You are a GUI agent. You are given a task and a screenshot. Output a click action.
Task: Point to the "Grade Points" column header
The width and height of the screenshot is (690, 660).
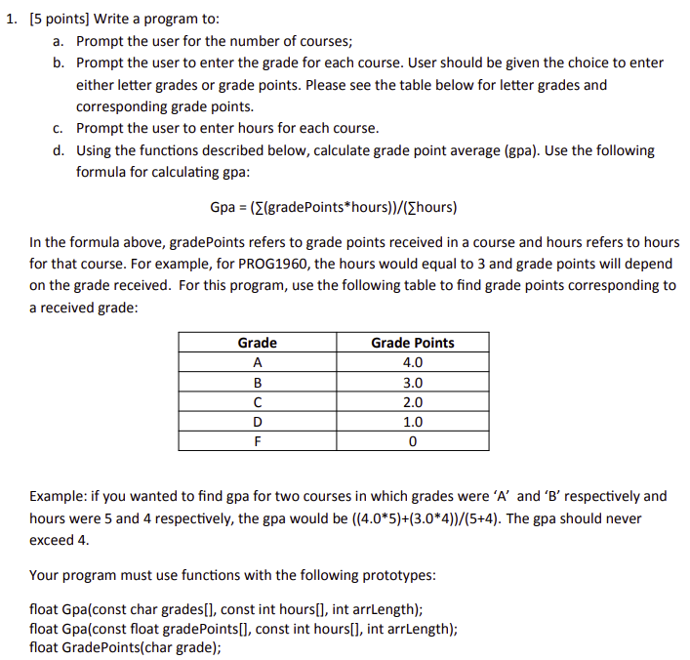pyautogui.click(x=412, y=343)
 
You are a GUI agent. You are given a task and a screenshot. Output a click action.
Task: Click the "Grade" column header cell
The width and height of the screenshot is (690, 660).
pyautogui.click(x=257, y=343)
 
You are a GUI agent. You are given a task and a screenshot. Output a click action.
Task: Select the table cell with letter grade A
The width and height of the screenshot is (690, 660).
pyautogui.click(x=257, y=362)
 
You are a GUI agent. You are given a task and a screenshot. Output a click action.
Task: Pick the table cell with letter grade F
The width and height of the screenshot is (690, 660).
pyautogui.click(x=257, y=440)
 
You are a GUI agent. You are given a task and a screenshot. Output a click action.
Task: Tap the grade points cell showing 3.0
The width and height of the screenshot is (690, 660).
pyautogui.click(x=412, y=382)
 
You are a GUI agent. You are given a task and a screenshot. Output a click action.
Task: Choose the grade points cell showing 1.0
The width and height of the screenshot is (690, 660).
pyautogui.click(x=412, y=422)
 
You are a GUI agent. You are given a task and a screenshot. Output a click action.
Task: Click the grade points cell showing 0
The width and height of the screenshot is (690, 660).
pyautogui.click(x=412, y=440)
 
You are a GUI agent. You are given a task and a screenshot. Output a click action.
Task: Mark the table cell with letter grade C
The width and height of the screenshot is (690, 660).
pyautogui.click(x=257, y=402)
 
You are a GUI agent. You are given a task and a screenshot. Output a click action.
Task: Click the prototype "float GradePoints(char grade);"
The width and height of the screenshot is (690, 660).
pyautogui.click(x=125, y=646)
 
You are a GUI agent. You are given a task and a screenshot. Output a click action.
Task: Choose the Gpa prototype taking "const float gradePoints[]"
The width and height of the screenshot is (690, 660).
pyautogui.click(x=244, y=628)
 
